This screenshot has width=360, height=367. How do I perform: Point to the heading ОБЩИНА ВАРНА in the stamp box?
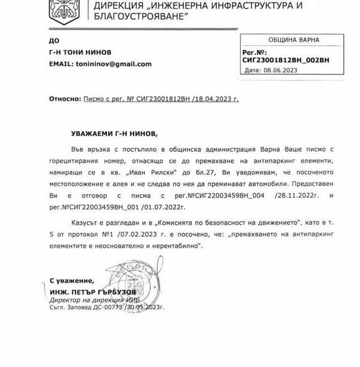click(x=293, y=40)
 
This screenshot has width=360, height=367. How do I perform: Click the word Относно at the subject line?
click(x=63, y=98)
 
